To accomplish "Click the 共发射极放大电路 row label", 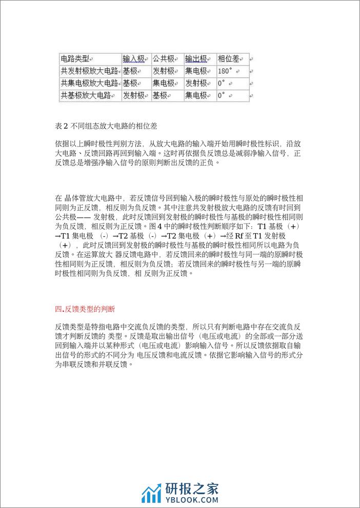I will pos(90,71).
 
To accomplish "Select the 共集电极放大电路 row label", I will pos(90,83).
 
